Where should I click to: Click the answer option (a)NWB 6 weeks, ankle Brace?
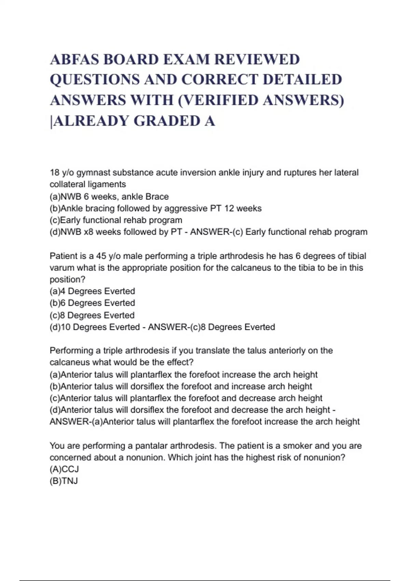pyautogui.click(x=109, y=197)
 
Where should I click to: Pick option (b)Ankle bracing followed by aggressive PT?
pyautogui.click(x=155, y=208)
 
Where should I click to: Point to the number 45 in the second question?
pyautogui.click(x=101, y=256)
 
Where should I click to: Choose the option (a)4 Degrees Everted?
pyautogui.click(x=92, y=291)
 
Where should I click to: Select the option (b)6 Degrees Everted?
pyautogui.click(x=92, y=303)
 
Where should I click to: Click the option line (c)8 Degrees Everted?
pyautogui.click(x=92, y=315)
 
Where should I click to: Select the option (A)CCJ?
pyautogui.click(x=64, y=469)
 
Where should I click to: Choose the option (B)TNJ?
pyautogui.click(x=64, y=481)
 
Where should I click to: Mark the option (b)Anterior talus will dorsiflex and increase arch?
pyautogui.click(x=181, y=386)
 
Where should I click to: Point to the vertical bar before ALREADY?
pyautogui.click(x=51, y=122)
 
